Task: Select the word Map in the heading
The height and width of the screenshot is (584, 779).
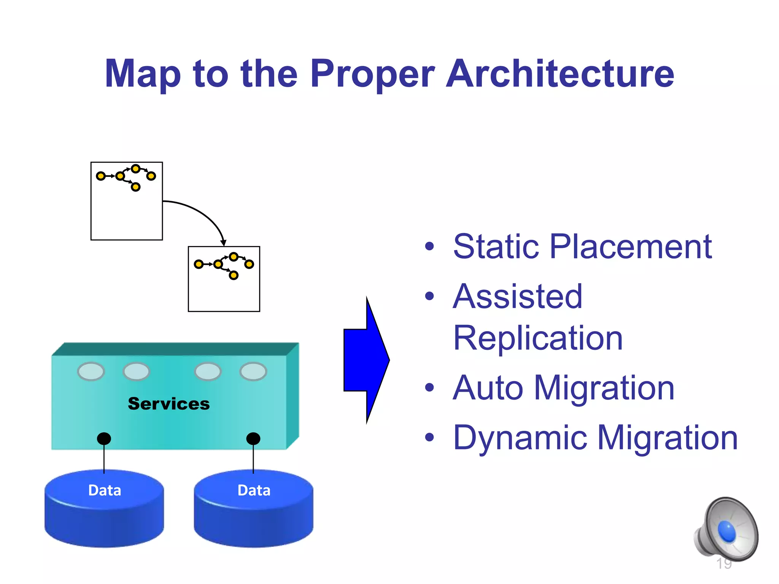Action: tap(143, 75)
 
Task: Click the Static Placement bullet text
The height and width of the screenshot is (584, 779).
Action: tap(582, 247)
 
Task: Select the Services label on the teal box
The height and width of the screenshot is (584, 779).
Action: tap(169, 404)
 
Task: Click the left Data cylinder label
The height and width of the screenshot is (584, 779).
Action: tap(105, 490)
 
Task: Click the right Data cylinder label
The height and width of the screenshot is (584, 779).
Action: tap(254, 490)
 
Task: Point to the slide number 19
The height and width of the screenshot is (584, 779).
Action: tap(723, 563)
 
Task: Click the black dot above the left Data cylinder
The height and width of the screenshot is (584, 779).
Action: tap(104, 438)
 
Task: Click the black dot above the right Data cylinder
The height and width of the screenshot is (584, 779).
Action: tap(253, 438)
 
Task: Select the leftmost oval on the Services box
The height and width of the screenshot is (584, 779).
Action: tap(91, 371)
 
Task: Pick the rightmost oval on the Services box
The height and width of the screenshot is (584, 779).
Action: tap(253, 371)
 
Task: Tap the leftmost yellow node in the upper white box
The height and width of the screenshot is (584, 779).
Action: tap(101, 176)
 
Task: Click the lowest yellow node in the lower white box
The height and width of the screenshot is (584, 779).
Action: tap(234, 275)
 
